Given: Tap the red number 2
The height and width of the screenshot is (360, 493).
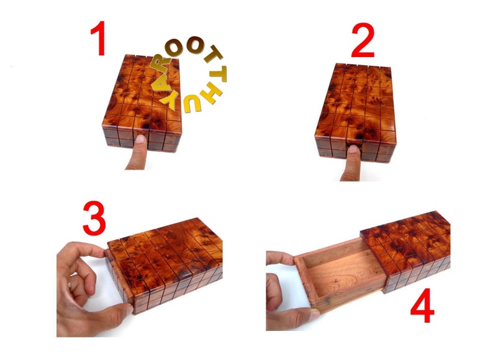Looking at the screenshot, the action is click(363, 40).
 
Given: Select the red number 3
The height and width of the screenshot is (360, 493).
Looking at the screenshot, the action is click(94, 218).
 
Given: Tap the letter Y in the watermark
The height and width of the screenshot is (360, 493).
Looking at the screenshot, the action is click(169, 101).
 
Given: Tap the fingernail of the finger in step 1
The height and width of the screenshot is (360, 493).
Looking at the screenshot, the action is click(140, 139).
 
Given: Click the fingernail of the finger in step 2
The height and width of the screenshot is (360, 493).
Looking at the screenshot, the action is click(354, 149).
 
